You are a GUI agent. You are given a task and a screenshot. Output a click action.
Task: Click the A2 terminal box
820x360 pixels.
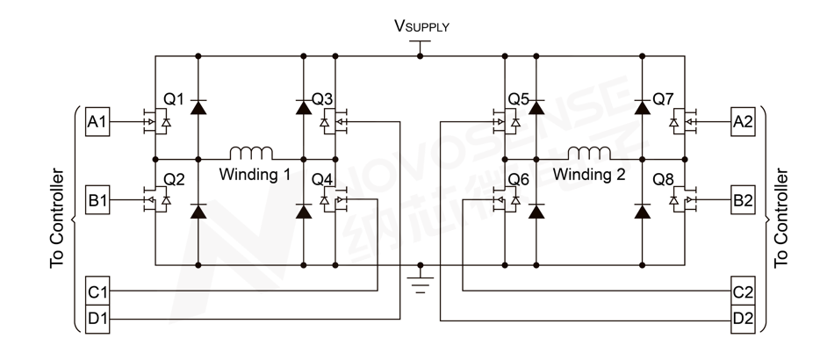(x=742, y=122)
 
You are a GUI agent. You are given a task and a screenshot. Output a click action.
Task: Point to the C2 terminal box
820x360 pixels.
(x=742, y=291)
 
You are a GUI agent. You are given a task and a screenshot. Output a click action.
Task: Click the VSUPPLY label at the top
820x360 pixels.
(x=421, y=26)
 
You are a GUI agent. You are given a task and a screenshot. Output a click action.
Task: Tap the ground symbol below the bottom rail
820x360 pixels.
(x=421, y=283)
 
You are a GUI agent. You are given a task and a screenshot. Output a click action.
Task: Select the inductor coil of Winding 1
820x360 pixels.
(x=251, y=151)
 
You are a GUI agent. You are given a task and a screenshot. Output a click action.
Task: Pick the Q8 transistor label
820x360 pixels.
(x=663, y=180)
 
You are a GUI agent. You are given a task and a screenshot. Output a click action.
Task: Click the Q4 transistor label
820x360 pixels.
(x=323, y=180)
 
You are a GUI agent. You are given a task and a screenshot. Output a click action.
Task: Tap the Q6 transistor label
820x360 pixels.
(x=519, y=180)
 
